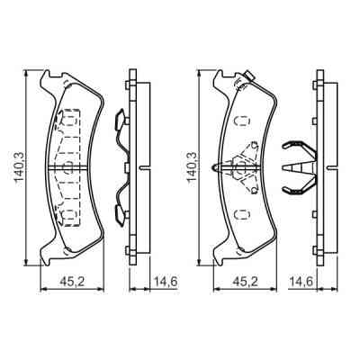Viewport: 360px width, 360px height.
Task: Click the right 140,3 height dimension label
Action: pos(190,166)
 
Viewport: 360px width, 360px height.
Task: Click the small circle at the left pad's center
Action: pos(67,166)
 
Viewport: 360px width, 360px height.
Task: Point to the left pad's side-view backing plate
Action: pos(132,166)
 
